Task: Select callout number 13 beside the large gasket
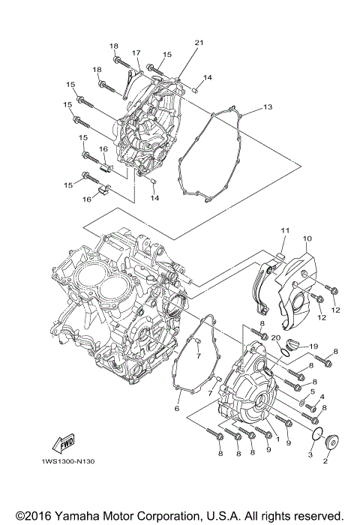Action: (x=268, y=108)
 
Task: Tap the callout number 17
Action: (x=137, y=52)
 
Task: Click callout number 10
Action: (x=307, y=238)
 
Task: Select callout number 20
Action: (x=275, y=338)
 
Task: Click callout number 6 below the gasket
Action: (x=177, y=409)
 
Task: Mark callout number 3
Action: (x=309, y=454)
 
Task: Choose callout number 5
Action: (x=312, y=391)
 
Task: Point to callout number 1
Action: (x=277, y=439)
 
